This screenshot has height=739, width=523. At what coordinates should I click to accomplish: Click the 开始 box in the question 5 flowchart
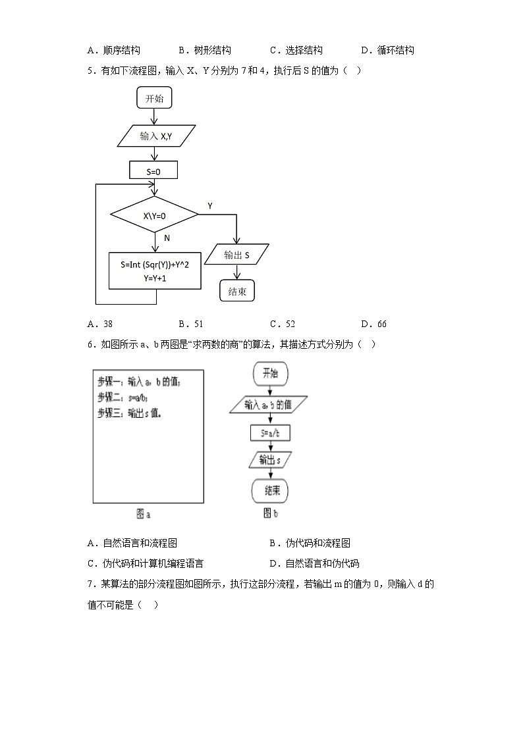coord(154,99)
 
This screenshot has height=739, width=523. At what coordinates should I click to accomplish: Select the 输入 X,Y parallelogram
coord(155,136)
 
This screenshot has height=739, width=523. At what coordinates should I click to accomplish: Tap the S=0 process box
coord(154,171)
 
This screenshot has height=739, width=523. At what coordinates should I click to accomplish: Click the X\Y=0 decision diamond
coord(154,215)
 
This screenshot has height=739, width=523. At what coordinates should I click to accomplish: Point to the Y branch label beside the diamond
coord(210,206)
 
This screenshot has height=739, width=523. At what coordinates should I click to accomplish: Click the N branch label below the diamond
coord(167,238)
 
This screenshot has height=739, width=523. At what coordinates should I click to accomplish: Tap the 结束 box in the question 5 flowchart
coord(236,292)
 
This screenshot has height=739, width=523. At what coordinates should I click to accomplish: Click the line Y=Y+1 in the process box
coord(154,278)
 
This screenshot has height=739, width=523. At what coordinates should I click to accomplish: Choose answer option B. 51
coord(191,324)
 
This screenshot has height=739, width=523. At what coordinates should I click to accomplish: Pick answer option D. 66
coord(373,324)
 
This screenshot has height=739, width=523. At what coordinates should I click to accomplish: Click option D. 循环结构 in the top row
coord(387,50)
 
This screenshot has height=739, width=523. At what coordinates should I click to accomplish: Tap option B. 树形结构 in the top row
coord(205,50)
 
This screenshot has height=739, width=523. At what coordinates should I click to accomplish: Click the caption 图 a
coord(144,514)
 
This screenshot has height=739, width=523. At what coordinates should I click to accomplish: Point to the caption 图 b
coord(270,513)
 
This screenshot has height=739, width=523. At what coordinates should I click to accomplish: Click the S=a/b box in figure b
coord(270,433)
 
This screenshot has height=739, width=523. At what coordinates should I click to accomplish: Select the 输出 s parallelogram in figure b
coord(270,459)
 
